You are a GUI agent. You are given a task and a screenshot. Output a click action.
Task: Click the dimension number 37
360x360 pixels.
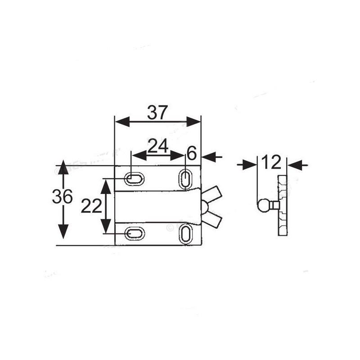point(157,112)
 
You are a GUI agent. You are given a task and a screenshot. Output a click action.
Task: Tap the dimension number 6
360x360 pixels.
point(192,154)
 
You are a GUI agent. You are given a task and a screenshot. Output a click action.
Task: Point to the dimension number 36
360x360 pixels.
point(63,197)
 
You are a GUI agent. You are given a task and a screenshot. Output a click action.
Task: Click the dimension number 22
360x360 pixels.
point(91,207)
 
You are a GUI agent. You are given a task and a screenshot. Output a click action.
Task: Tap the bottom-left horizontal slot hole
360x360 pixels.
point(134,233)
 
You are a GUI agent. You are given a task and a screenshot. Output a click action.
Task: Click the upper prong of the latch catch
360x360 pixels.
point(213,195)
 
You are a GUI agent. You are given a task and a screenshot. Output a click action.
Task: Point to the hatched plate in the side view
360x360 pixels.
point(283,205)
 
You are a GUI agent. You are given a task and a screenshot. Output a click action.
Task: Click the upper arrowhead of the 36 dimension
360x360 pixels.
point(63,167)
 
